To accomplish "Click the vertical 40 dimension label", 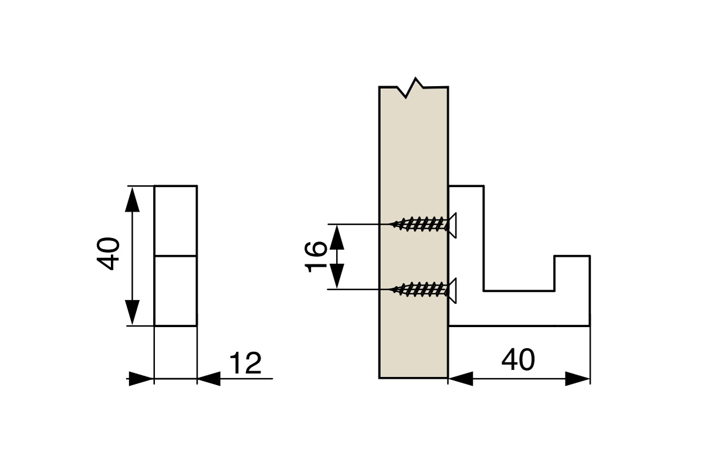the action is [x=108, y=254].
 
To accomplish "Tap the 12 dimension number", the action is [x=245, y=363].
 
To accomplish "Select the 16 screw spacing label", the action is [x=316, y=257].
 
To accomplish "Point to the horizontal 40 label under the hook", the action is [x=518, y=360].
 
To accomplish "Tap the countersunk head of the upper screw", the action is [x=452, y=225].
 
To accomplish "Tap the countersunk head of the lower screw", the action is [x=452, y=291].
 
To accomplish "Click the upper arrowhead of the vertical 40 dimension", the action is [x=132, y=199].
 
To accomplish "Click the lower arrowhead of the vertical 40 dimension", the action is [x=132, y=312].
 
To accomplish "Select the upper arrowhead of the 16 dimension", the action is [x=337, y=237].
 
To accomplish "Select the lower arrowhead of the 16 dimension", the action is [x=337, y=276].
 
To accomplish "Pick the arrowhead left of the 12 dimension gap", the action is [x=141, y=379].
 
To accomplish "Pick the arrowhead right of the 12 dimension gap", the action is [x=209, y=379].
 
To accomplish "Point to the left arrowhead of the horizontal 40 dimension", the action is [x=461, y=379].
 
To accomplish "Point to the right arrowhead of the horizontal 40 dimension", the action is [x=578, y=379].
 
